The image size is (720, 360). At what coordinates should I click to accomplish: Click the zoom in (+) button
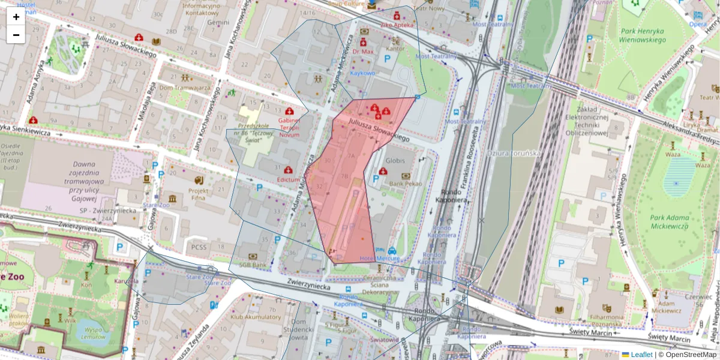point(16,17)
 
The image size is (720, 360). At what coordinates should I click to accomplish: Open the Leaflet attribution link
point(641,355)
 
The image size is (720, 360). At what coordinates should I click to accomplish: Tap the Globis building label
point(395,161)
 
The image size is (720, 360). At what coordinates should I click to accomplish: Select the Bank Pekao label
point(406,184)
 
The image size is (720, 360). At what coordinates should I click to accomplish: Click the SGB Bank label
point(253,265)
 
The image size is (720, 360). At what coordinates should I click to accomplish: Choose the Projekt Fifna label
point(198,194)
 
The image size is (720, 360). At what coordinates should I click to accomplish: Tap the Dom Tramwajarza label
point(184,88)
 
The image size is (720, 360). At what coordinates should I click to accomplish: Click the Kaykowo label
point(362,73)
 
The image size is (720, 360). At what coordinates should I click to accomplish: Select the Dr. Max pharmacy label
point(363,52)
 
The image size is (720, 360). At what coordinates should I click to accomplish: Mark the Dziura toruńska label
point(514,153)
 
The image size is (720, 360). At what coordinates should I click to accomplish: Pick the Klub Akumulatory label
point(256,317)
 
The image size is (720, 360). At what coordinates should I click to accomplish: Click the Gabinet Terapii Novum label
point(289,127)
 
